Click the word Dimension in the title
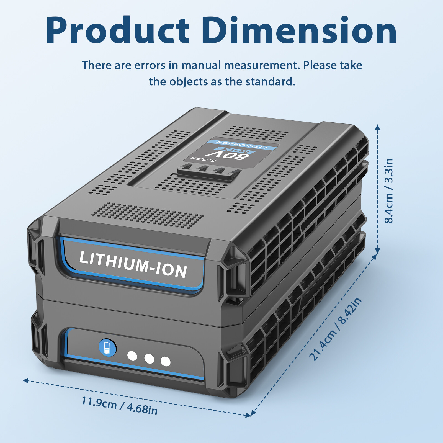[x=299, y=30]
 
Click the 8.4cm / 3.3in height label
[x=389, y=191]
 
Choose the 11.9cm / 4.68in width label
[x=119, y=406]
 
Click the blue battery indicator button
[x=107, y=348]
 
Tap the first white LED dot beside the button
[x=132, y=356]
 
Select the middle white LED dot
[x=149, y=359]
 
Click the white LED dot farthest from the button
[x=166, y=362]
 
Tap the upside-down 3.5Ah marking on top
[x=203, y=160]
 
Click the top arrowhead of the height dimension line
[x=377, y=127]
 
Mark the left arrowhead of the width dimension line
[x=25, y=380]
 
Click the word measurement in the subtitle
[x=262, y=65]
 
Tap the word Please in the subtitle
[x=320, y=65]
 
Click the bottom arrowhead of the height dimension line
[x=377, y=251]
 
